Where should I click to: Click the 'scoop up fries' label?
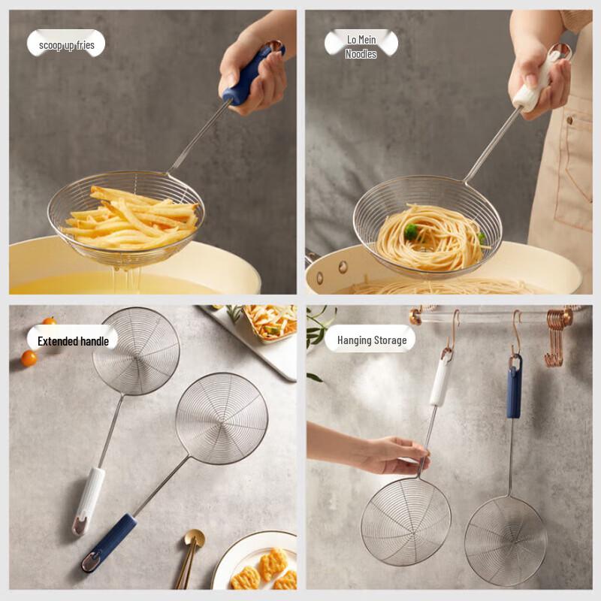(x=66, y=44)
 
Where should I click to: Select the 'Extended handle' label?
(x=73, y=341)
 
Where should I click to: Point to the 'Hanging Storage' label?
(x=371, y=340)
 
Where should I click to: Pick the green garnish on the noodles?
(x=412, y=231)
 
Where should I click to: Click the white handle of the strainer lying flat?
(x=89, y=499)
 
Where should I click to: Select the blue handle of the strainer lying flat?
(x=111, y=540)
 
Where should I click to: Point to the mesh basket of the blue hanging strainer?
(x=505, y=540)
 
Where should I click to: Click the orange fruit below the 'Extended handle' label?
(x=29, y=358)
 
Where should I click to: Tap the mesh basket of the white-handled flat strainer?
(x=136, y=350)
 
